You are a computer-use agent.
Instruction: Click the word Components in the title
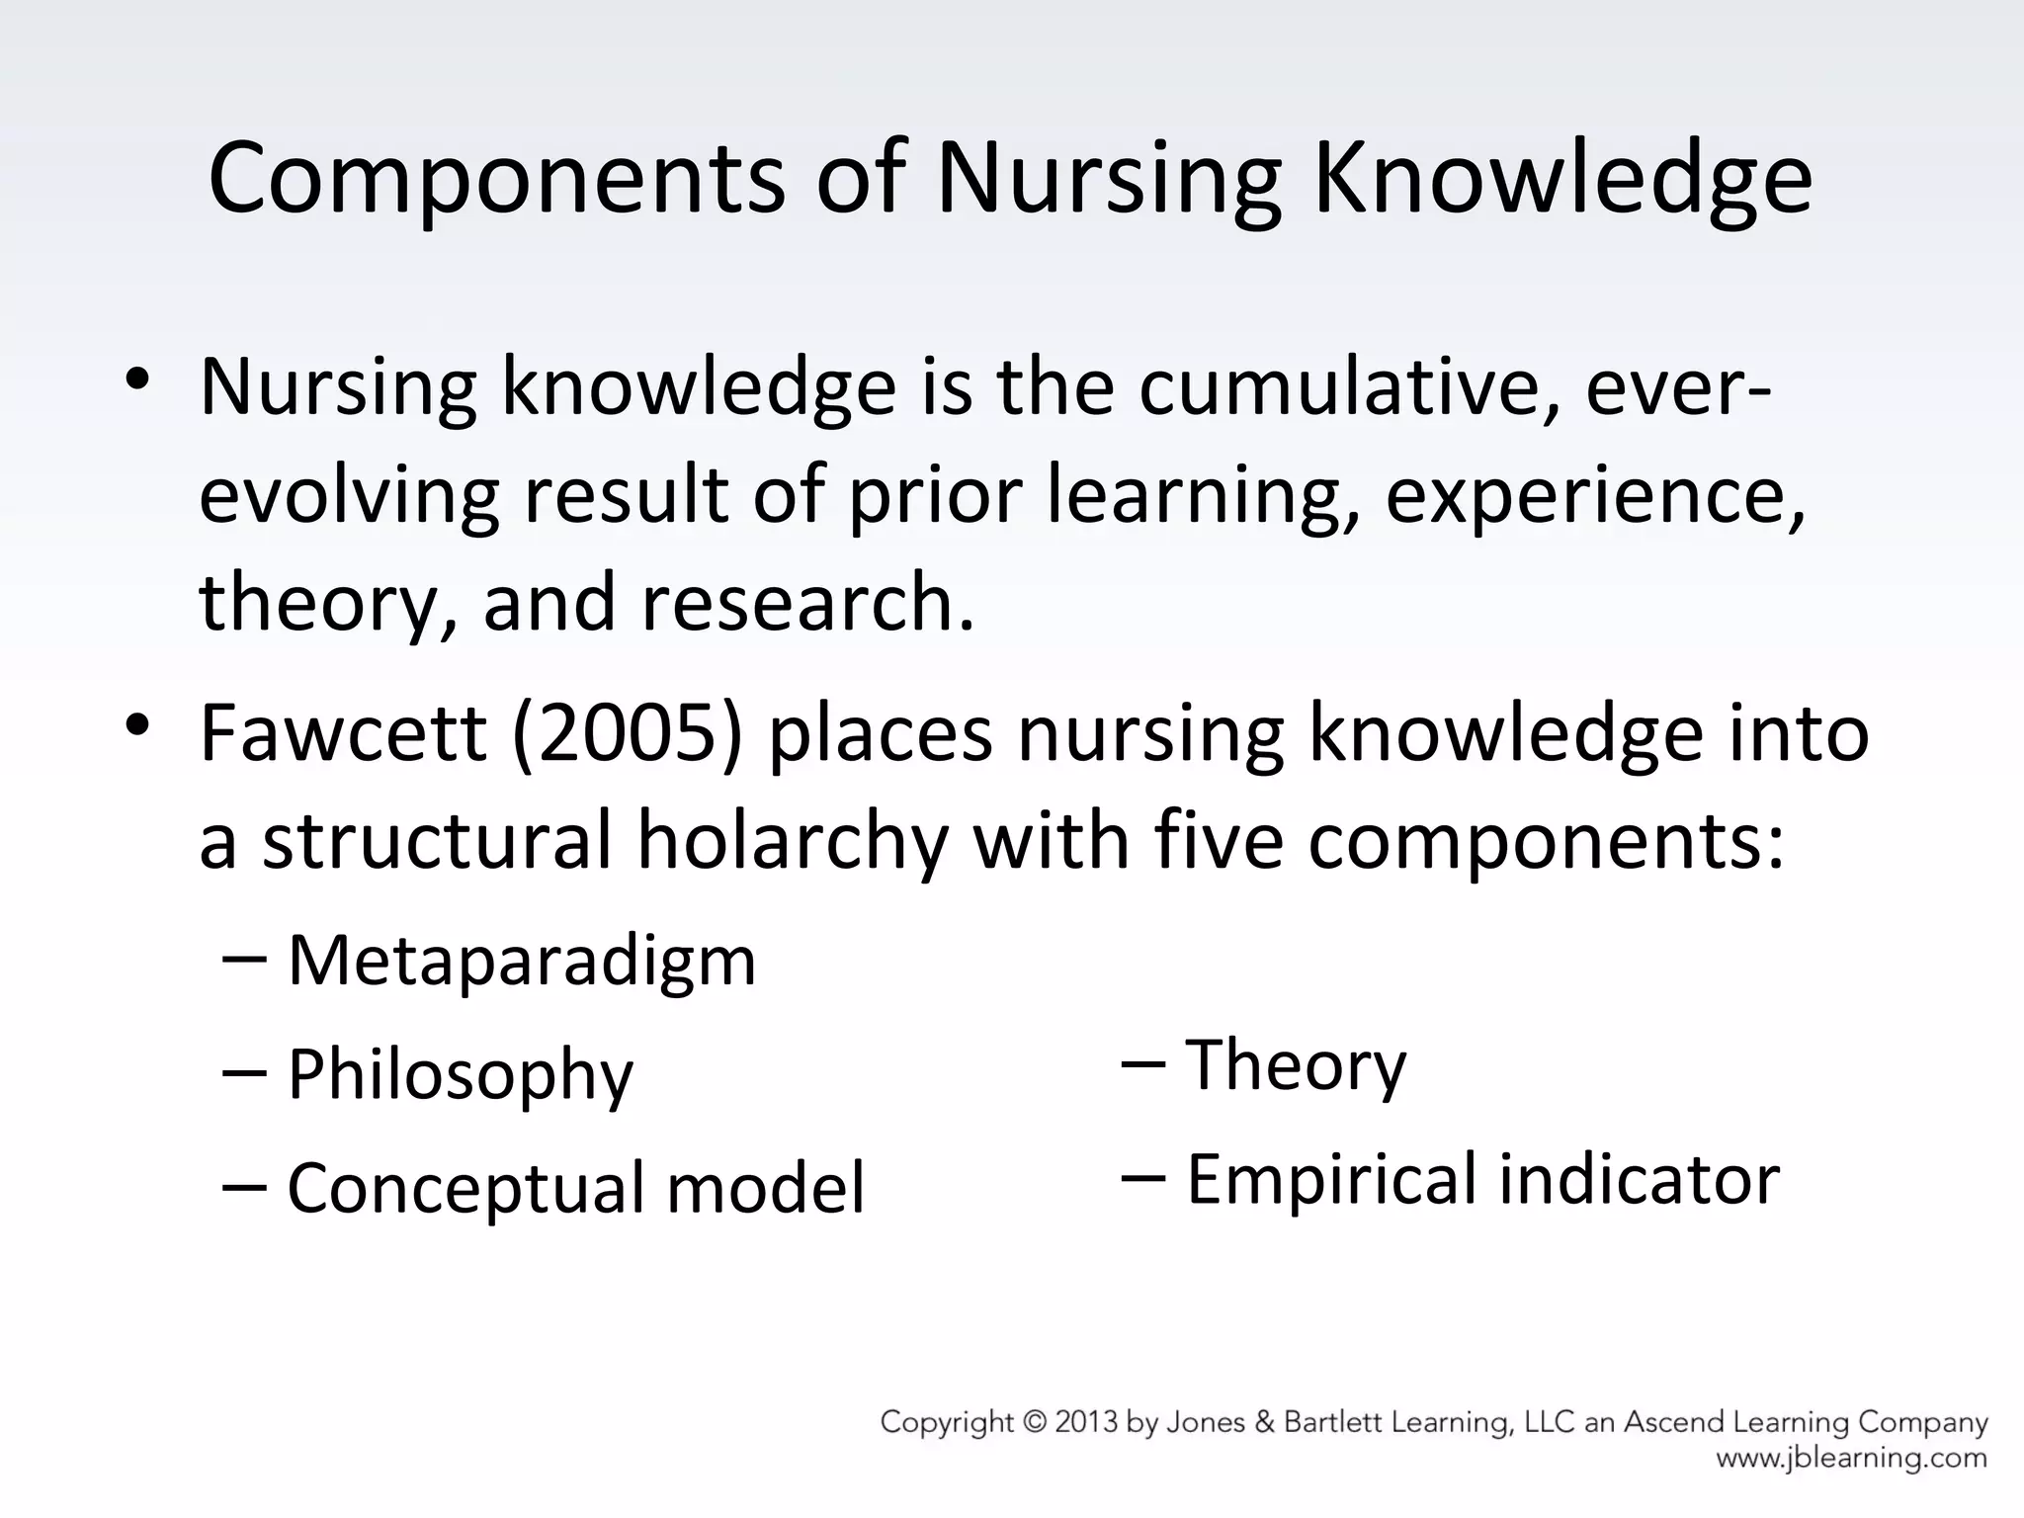pyautogui.click(x=496, y=179)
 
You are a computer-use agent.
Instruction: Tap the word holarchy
pyautogui.click(x=792, y=840)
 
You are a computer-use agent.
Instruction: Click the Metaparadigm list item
pyautogui.click(x=521, y=961)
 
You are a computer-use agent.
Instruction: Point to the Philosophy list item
pyautogui.click(x=460, y=1075)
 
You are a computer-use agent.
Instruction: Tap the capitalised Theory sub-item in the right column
pyautogui.click(x=1296, y=1065)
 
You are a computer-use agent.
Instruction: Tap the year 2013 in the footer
pyautogui.click(x=1086, y=1422)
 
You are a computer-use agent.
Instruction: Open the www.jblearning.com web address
pyautogui.click(x=1851, y=1459)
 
